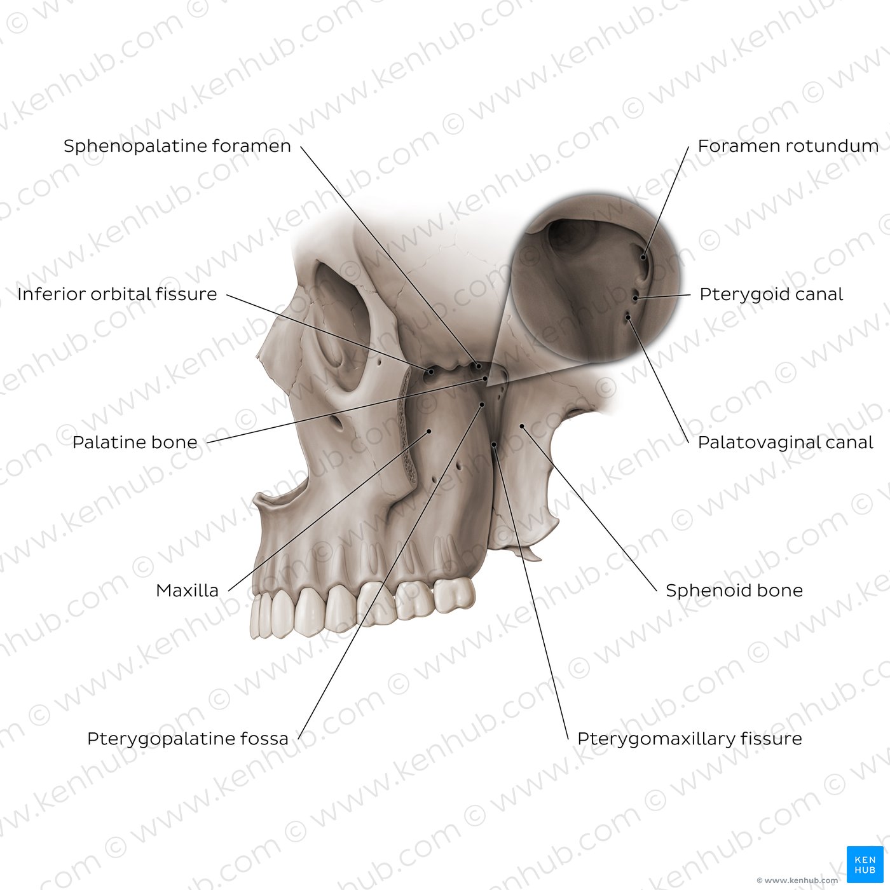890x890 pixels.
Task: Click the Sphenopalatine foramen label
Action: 177,146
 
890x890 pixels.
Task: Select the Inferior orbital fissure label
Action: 118,294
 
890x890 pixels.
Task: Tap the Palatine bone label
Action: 135,442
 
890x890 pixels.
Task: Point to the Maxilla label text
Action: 187,590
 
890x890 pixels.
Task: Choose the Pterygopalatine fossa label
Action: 188,739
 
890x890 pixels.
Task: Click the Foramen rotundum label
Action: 788,146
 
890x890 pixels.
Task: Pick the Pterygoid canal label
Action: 771,294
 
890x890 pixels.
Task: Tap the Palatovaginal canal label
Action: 785,442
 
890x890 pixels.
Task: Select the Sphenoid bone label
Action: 734,590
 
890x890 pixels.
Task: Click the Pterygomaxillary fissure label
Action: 690,739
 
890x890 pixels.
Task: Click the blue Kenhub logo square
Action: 865,865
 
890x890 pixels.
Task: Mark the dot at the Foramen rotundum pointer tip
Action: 643,257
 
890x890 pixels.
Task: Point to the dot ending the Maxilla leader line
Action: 428,432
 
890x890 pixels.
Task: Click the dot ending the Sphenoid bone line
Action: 522,426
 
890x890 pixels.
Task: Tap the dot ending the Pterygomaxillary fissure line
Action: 494,444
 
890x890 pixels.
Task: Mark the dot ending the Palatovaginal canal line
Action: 627,317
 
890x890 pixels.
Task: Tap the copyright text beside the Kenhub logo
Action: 797,880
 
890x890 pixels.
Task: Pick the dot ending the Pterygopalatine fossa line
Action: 482,404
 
